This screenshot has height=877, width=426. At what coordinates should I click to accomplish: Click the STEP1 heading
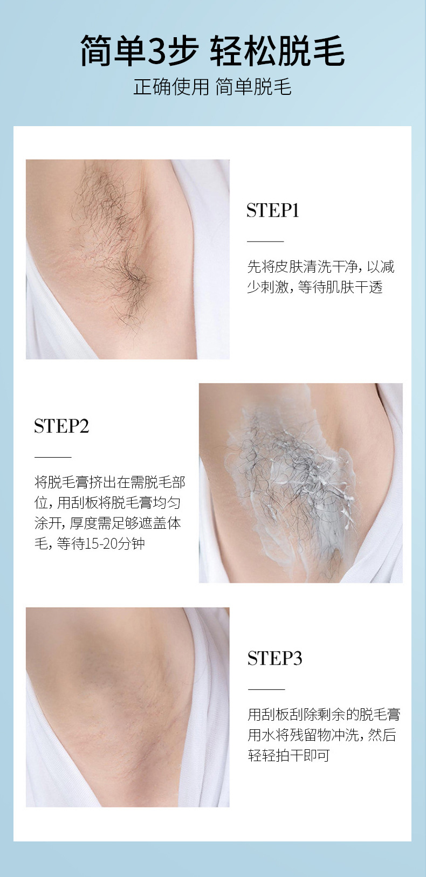click(273, 210)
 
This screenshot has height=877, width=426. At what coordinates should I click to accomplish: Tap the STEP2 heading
click(61, 426)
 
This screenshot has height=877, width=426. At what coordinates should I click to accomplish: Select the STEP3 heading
click(274, 658)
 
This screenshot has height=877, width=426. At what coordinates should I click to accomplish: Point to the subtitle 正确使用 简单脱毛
click(212, 87)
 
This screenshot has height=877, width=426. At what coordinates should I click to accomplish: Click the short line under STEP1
click(265, 241)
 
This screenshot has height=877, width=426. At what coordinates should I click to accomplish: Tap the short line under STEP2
click(53, 457)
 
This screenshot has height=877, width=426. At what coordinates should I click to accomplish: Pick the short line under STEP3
click(266, 689)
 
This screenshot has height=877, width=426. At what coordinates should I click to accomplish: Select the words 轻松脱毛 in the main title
click(278, 51)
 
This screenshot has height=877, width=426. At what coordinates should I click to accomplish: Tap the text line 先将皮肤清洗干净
click(303, 267)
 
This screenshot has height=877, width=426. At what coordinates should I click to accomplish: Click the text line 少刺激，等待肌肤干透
click(315, 287)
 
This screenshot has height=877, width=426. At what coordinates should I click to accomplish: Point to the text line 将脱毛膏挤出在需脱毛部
click(110, 482)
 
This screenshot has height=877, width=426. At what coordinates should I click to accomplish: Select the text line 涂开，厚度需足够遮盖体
click(108, 523)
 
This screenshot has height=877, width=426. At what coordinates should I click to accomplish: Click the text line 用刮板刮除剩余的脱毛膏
click(324, 715)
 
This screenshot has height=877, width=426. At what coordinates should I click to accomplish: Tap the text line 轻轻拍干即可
click(289, 756)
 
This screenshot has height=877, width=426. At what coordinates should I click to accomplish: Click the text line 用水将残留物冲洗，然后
click(322, 735)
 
